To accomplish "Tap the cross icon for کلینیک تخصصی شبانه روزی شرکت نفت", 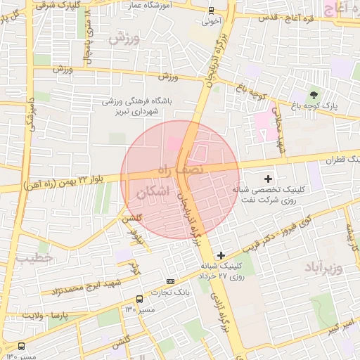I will tap(268, 179).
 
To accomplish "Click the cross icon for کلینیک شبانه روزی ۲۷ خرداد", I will tap(221, 255).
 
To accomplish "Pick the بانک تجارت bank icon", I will tap(171, 281).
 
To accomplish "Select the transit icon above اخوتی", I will tap(212, 10).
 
